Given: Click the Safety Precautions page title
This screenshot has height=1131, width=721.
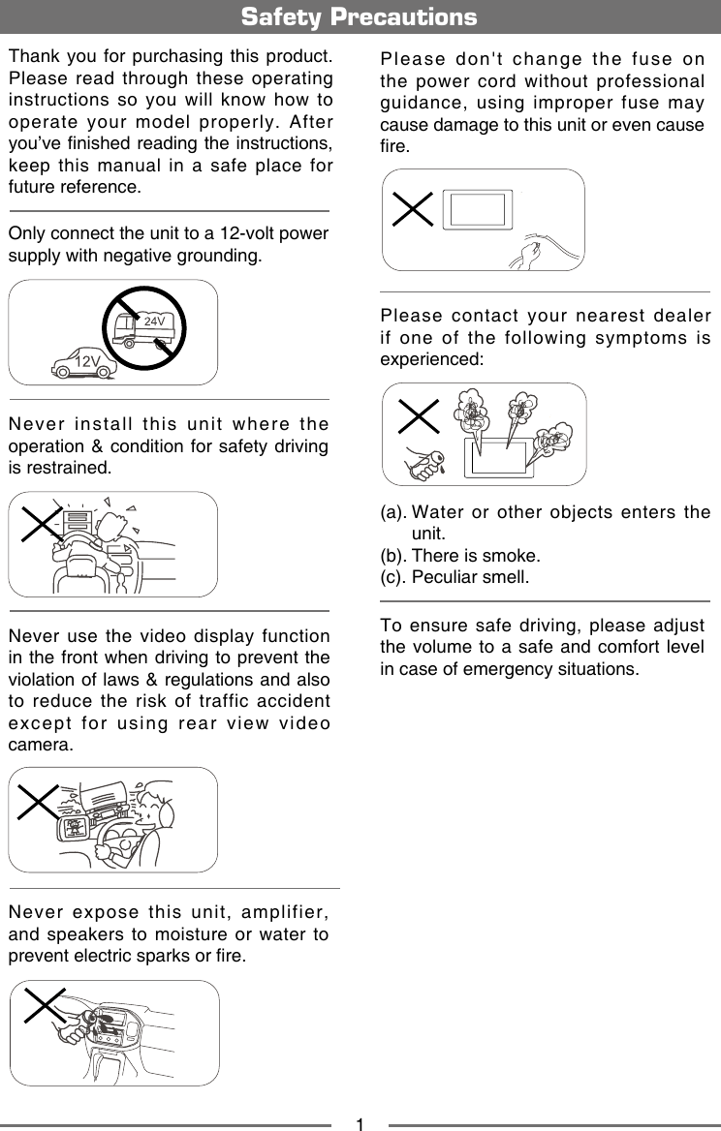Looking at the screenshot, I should pos(360,17).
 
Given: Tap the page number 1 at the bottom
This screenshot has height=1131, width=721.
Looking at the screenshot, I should pos(360,1124).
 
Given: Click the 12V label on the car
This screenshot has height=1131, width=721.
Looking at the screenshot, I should pos(88,361).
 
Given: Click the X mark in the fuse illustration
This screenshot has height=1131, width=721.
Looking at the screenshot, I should pos(414,208).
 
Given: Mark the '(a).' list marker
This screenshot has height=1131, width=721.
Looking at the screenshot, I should pos(392,513).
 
